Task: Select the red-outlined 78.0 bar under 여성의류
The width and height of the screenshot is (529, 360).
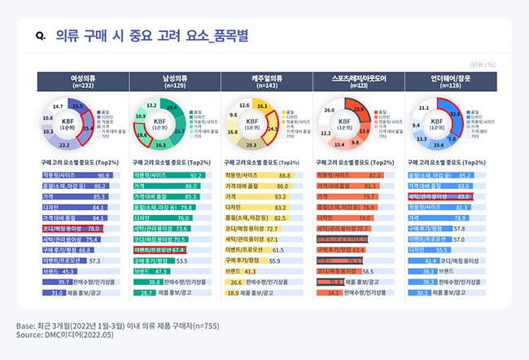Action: click(x=72, y=229)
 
